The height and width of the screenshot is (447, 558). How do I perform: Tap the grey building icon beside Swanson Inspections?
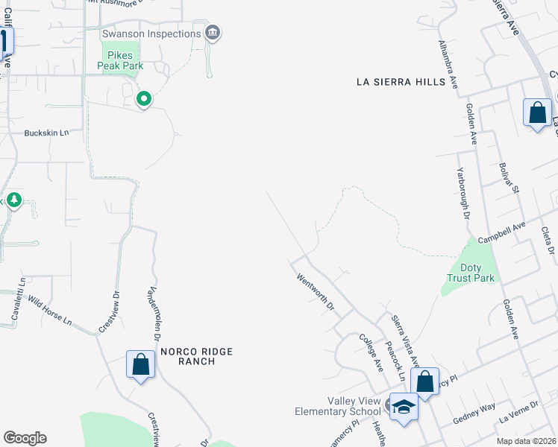click(x=213, y=33)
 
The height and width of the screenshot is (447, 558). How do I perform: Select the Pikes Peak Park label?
click(x=115, y=60)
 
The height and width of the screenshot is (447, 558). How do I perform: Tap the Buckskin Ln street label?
click(x=46, y=133)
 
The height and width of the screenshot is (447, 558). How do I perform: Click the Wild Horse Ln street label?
click(x=51, y=312)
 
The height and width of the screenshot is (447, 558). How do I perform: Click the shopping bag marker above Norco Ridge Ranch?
click(x=140, y=365)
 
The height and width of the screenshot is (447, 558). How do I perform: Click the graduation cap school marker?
click(x=404, y=407)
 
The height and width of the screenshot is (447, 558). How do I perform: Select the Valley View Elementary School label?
click(x=338, y=406)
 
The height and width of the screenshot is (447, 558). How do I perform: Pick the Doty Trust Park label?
click(x=471, y=273)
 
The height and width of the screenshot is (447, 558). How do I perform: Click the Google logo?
click(x=25, y=438)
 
